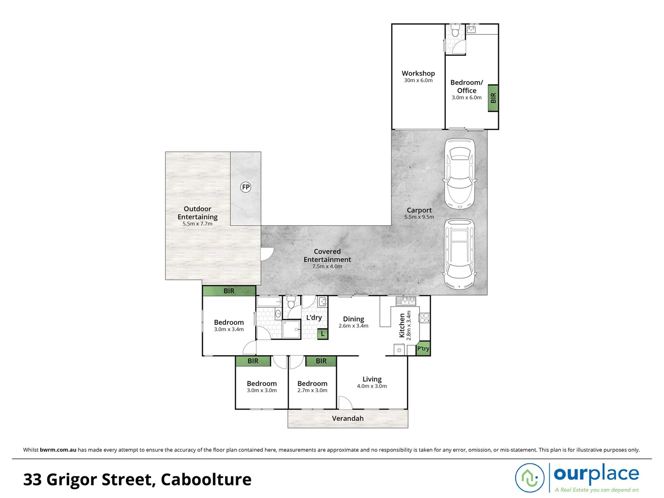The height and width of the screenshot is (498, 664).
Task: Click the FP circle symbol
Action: (x=246, y=187)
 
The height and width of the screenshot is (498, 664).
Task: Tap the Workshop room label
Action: (x=418, y=73)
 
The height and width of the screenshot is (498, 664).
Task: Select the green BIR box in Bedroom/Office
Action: (x=493, y=98)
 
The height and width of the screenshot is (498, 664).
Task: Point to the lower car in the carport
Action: (x=459, y=254)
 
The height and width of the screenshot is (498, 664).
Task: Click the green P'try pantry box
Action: (x=423, y=349)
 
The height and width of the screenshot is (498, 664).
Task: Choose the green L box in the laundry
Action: (x=323, y=333)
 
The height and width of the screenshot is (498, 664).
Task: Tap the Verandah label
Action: (x=348, y=418)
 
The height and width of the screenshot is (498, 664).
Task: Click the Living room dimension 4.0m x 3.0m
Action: (x=372, y=386)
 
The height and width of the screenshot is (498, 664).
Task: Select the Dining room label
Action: (x=353, y=319)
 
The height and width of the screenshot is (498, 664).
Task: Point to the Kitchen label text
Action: (x=402, y=326)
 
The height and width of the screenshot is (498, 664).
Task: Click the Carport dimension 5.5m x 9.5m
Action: (x=419, y=217)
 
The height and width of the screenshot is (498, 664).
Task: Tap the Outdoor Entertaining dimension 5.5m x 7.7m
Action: (x=197, y=224)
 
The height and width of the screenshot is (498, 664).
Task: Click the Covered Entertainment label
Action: (x=327, y=255)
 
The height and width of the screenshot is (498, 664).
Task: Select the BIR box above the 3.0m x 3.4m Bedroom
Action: (x=229, y=291)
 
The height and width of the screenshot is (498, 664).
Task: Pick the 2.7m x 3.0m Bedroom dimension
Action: (x=312, y=391)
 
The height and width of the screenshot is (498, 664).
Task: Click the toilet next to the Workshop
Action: (x=455, y=32)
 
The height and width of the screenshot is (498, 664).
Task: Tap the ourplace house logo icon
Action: (x=530, y=477)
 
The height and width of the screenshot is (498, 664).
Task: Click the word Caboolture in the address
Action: (x=206, y=480)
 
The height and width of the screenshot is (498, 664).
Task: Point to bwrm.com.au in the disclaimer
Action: (x=58, y=450)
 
